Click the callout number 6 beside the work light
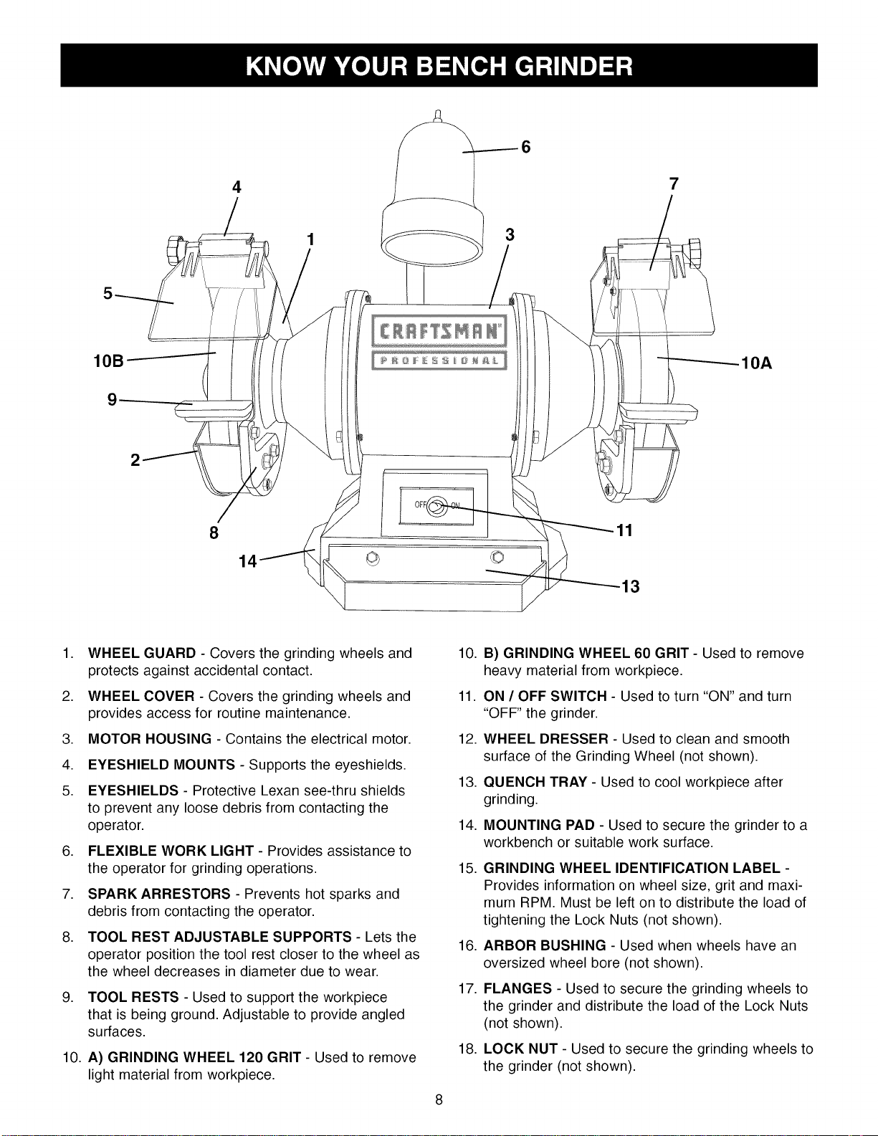(x=526, y=148)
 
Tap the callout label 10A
(x=756, y=363)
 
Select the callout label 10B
(x=109, y=361)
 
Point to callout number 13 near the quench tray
(x=630, y=586)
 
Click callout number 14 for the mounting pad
(x=248, y=561)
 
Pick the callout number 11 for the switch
(x=624, y=530)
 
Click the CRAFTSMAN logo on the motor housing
(x=439, y=331)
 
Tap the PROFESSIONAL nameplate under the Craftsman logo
(x=439, y=361)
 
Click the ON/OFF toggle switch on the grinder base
(x=437, y=506)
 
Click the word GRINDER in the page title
(x=573, y=67)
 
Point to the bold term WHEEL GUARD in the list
(x=142, y=654)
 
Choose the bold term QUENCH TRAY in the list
(x=535, y=782)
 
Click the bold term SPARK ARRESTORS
(x=159, y=894)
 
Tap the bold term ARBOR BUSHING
(x=545, y=945)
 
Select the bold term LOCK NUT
(x=520, y=1049)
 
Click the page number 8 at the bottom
(x=439, y=1100)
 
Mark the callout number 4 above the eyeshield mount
(x=237, y=187)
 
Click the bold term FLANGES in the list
(x=517, y=988)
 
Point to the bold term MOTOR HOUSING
(x=150, y=739)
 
